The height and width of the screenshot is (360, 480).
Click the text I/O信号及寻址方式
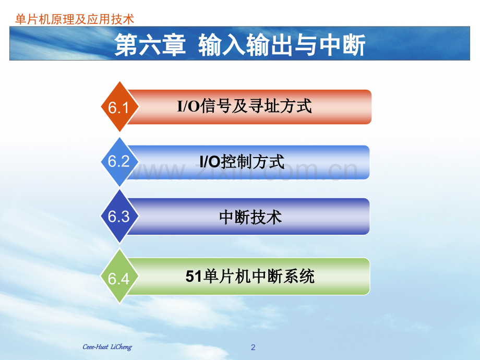pyautogui.click(x=245, y=107)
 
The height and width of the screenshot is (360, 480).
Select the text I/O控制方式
pyautogui.click(x=243, y=162)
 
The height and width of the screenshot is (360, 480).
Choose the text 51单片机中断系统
pyautogui.click(x=250, y=277)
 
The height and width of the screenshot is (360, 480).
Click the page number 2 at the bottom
pyautogui.click(x=254, y=347)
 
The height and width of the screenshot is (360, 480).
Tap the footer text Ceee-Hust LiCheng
pyautogui.click(x=107, y=347)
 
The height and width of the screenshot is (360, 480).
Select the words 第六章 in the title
pyautogui.click(x=150, y=46)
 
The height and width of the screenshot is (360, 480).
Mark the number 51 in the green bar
pyautogui.click(x=193, y=277)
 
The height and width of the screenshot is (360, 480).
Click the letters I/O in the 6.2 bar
pyautogui.click(x=210, y=162)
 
